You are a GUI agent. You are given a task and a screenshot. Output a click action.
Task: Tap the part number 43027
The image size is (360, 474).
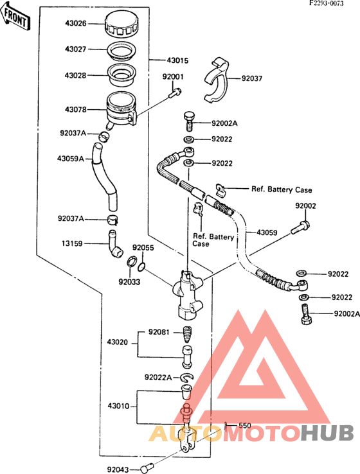pyautogui.click(x=75, y=49)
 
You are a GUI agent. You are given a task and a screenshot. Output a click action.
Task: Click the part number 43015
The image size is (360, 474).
pyautogui.click(x=177, y=60)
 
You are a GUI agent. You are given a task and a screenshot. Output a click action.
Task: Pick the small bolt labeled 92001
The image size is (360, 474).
pyautogui.click(x=175, y=92)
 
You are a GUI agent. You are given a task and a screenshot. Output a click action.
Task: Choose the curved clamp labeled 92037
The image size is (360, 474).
pyautogui.click(x=217, y=81)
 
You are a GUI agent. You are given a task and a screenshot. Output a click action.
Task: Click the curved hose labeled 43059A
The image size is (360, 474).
pyautogui.click(x=104, y=177)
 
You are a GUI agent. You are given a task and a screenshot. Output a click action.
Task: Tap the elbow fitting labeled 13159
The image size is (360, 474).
pyautogui.click(x=115, y=243)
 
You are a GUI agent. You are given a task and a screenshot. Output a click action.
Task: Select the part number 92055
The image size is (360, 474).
pyautogui.click(x=143, y=247)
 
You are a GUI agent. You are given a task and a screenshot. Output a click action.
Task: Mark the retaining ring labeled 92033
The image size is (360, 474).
pyautogui.click(x=132, y=262)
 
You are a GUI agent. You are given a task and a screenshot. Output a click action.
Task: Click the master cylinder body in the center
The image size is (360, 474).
pyautogui.click(x=188, y=294)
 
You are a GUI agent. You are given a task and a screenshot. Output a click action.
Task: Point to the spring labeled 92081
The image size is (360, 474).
pyautogui.click(x=187, y=333)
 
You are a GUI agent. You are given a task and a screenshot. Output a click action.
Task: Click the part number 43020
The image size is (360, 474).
pyautogui.click(x=117, y=342)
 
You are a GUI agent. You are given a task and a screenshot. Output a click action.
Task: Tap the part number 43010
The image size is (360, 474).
pyautogui.click(x=118, y=406)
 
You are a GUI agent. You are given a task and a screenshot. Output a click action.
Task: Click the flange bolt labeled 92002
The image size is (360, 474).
pyautogui.click(x=300, y=227)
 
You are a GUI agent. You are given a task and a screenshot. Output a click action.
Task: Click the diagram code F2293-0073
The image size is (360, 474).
pyautogui.click(x=326, y=3)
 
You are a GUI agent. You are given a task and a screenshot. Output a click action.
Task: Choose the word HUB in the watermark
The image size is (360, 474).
pyautogui.click(x=328, y=433)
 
